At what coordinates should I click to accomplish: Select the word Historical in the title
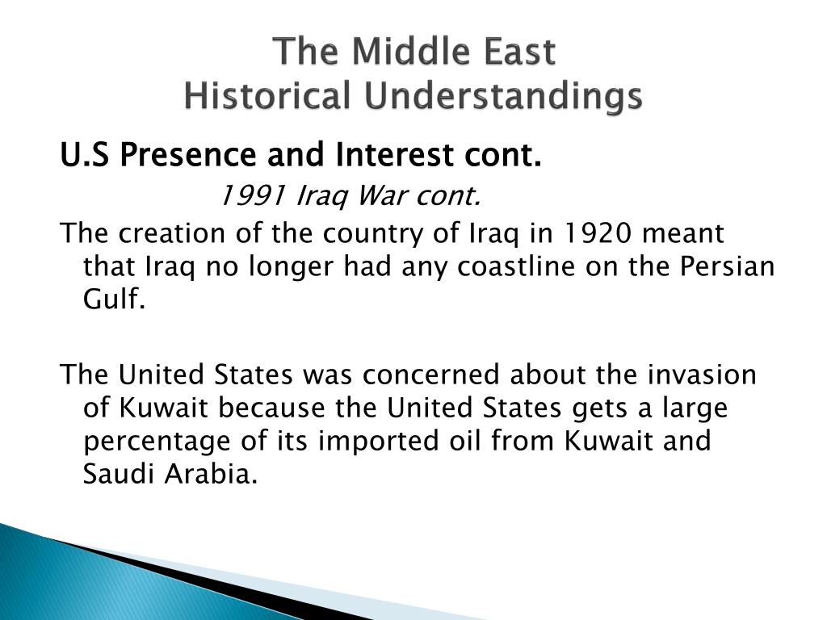click(267, 96)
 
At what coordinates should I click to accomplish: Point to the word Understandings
click(502, 97)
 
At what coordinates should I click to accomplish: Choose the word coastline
click(515, 266)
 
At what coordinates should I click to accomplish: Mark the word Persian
click(727, 266)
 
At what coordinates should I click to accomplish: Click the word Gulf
click(113, 299)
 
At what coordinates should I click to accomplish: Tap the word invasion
click(702, 375)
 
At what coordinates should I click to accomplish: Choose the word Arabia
click(211, 474)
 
